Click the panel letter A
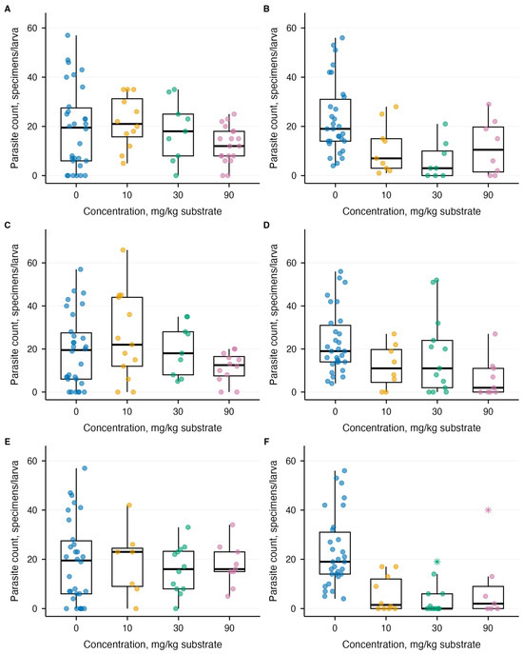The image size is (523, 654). coord(7,9)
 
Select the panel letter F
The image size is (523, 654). coord(266,442)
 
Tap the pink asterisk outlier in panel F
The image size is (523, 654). coord(488,509)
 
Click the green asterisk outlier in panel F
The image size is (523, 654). coord(436,562)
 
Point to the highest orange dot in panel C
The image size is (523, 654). coord(123,249)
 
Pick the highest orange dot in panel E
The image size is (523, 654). coord(129,505)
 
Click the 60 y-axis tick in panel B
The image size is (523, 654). coord(292,28)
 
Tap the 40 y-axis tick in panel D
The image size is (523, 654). coord(292,306)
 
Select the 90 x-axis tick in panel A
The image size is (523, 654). coord(229,195)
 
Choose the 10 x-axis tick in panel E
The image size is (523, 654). coord(127,627)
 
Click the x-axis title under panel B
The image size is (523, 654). coord(412,211)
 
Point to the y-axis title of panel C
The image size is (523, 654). coord(15,314)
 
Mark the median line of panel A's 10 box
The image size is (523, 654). coord(127,124)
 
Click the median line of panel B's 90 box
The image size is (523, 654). coord(488,149)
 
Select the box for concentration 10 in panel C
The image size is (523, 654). coord(127,331)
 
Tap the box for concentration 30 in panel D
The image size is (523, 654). coord(436,364)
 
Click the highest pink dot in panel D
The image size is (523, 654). coord(495,334)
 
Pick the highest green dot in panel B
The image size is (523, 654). coord(445,124)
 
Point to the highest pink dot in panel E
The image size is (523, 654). coord(233,525)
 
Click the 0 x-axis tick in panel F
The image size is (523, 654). coord(335,627)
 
